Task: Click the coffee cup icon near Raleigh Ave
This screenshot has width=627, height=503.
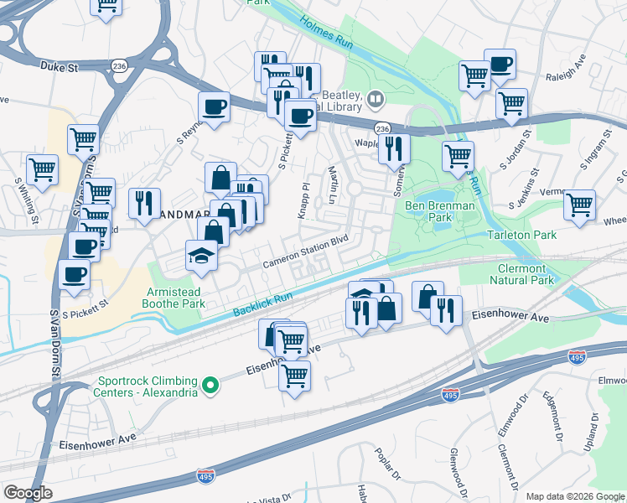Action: tap(500, 65)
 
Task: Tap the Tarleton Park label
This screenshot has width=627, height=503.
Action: tap(521, 235)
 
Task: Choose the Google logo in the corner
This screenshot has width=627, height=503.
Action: tap(28, 493)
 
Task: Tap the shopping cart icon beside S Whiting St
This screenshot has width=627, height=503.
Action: tap(42, 169)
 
